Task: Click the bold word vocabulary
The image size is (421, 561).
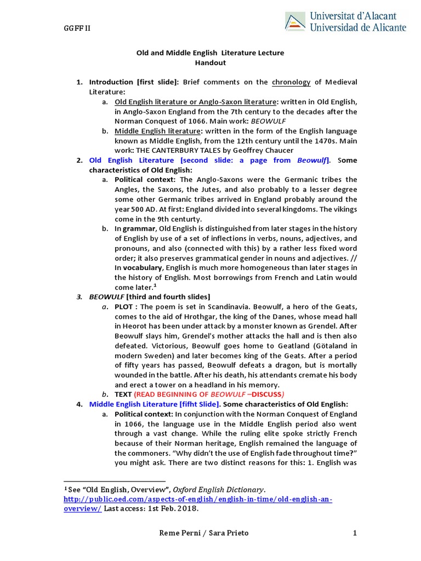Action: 140,268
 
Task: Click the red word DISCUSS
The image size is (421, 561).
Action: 264,394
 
